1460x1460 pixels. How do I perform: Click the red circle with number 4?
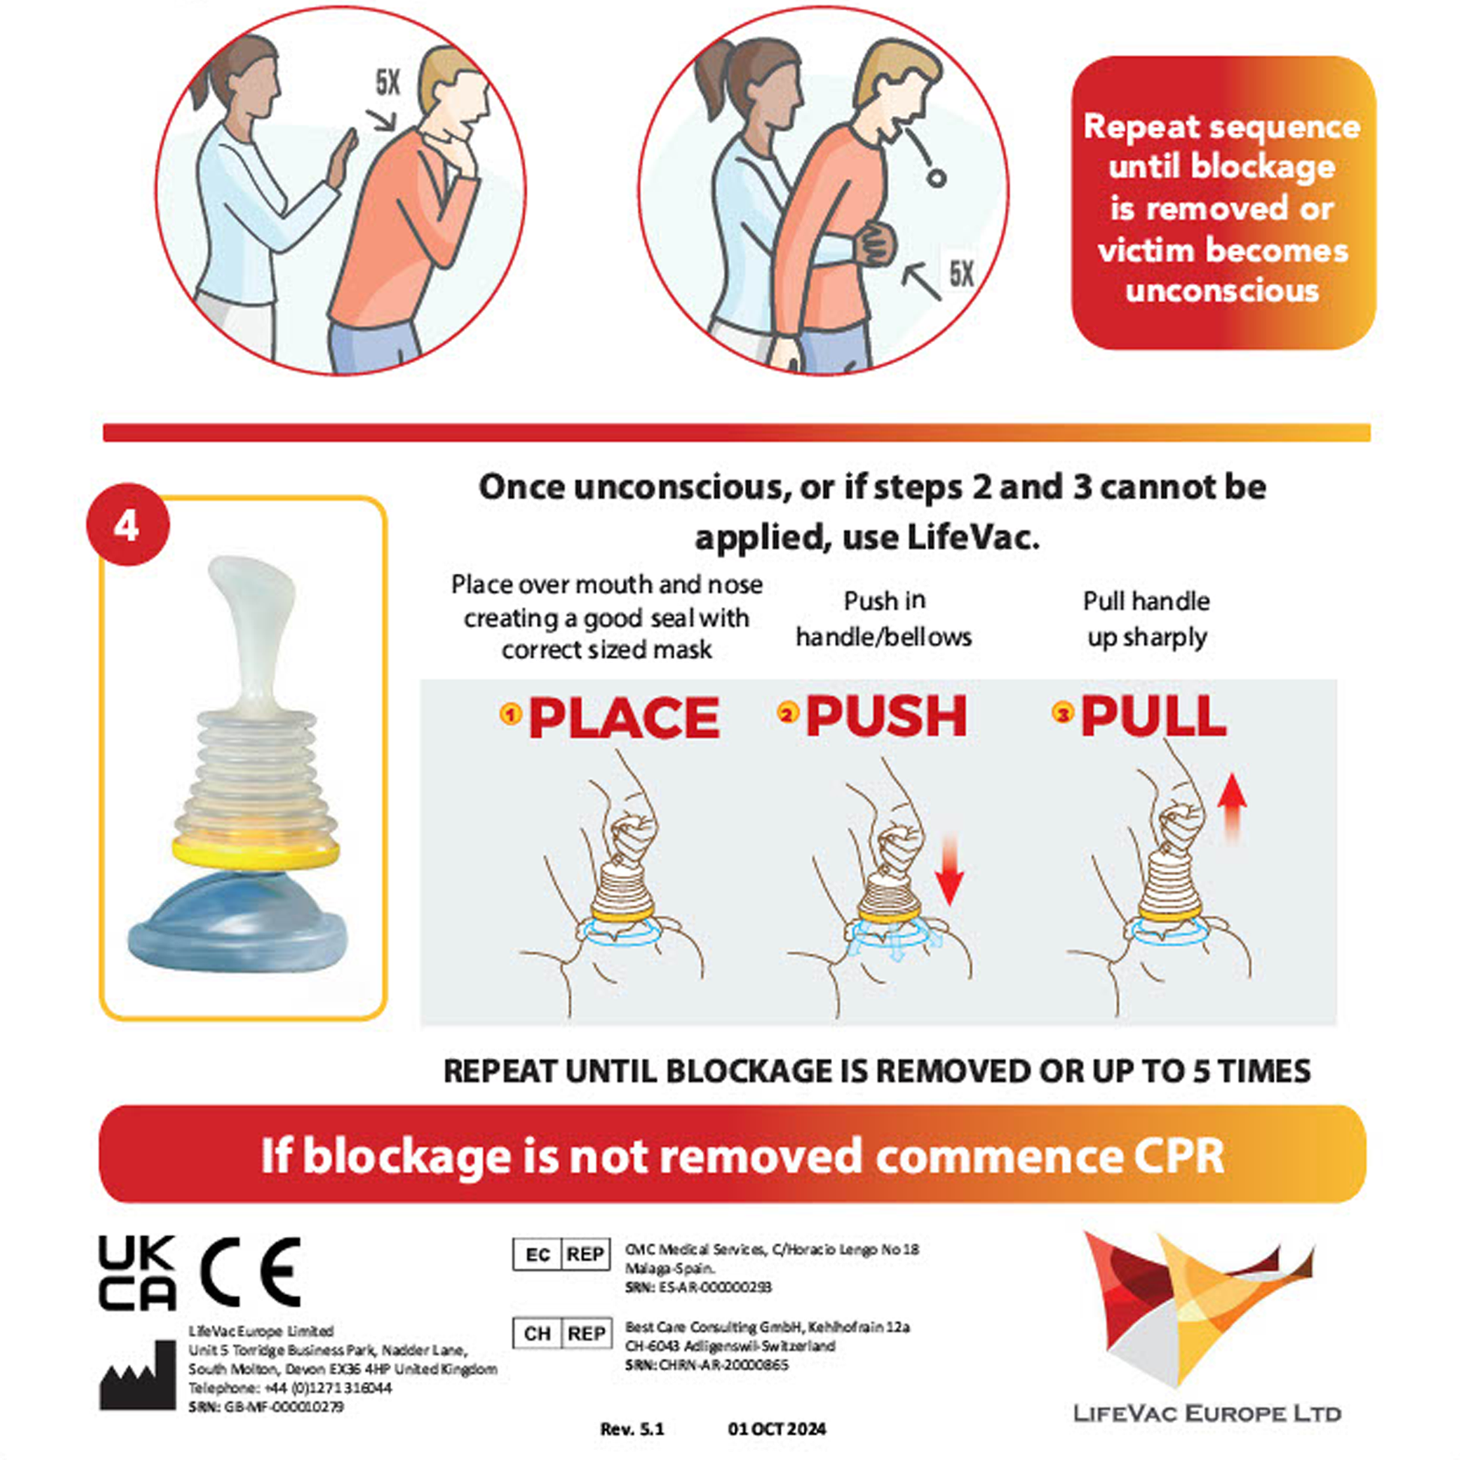[x=128, y=524]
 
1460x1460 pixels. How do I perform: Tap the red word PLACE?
[x=623, y=717]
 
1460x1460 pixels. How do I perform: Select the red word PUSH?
[x=885, y=716]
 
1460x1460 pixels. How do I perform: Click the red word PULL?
[x=1153, y=716]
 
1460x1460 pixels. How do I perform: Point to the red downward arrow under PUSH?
[x=949, y=869]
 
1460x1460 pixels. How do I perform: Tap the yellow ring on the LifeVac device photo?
[x=255, y=852]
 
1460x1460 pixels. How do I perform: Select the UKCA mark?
[x=137, y=1273]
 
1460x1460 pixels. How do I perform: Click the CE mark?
[x=250, y=1272]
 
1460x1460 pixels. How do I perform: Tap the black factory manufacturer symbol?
[x=137, y=1376]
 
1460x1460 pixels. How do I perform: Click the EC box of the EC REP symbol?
[x=537, y=1255]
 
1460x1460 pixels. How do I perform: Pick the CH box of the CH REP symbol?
[x=537, y=1334]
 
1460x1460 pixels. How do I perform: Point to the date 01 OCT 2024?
[x=777, y=1429]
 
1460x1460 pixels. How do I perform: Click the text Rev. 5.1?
[x=632, y=1429]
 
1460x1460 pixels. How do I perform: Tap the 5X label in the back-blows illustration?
[x=388, y=83]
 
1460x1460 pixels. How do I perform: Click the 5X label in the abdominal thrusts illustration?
[x=961, y=275]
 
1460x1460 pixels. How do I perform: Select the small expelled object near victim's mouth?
[x=936, y=179]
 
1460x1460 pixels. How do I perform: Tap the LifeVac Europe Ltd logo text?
[x=1207, y=1413]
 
